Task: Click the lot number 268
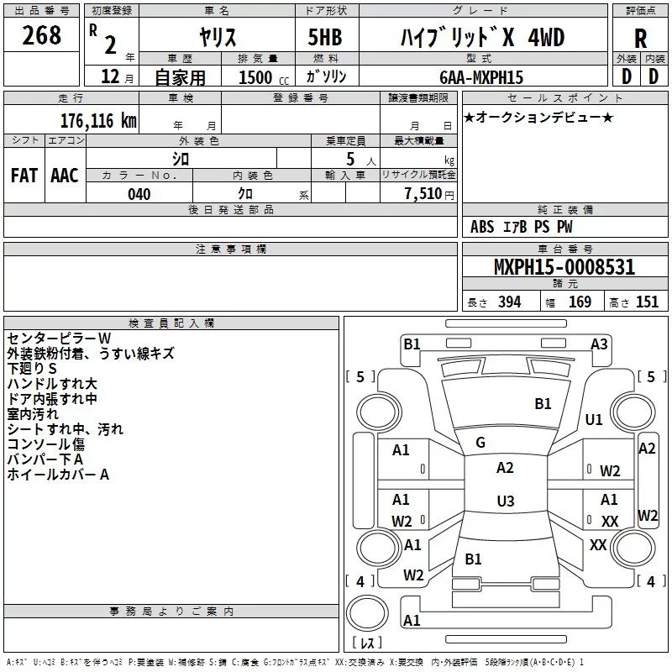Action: (42, 35)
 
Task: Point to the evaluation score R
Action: (640, 39)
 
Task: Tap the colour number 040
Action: (139, 194)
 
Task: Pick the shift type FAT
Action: (24, 176)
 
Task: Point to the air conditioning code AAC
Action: (65, 176)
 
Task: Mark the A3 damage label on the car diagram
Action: (599, 344)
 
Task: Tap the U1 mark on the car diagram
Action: (594, 419)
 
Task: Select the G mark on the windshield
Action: (480, 442)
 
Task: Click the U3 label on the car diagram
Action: (505, 501)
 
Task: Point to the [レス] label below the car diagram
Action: (366, 643)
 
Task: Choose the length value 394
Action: (509, 302)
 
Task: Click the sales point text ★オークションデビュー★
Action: (538, 117)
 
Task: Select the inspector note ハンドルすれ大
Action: (51, 383)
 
